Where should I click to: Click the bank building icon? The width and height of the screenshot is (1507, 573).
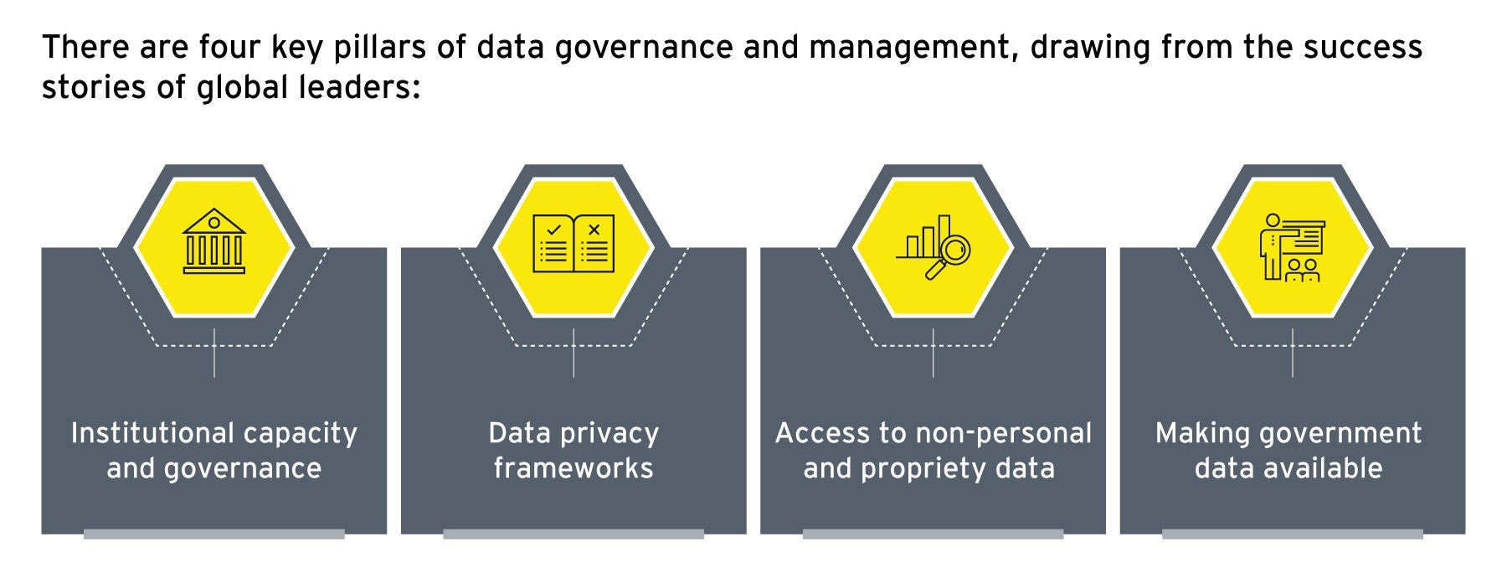point(214,242)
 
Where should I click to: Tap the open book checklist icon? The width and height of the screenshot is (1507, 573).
point(573,244)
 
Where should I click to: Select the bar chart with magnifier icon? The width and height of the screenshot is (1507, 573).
point(933,245)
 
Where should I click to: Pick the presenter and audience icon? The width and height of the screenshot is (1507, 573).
point(1292,246)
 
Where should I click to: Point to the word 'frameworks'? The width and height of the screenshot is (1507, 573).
point(573,468)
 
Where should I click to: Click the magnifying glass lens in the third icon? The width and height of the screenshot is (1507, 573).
point(954,249)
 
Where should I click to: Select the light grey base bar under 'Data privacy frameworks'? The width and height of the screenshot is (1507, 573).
point(573,534)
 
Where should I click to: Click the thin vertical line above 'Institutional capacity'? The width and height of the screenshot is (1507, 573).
point(214,353)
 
